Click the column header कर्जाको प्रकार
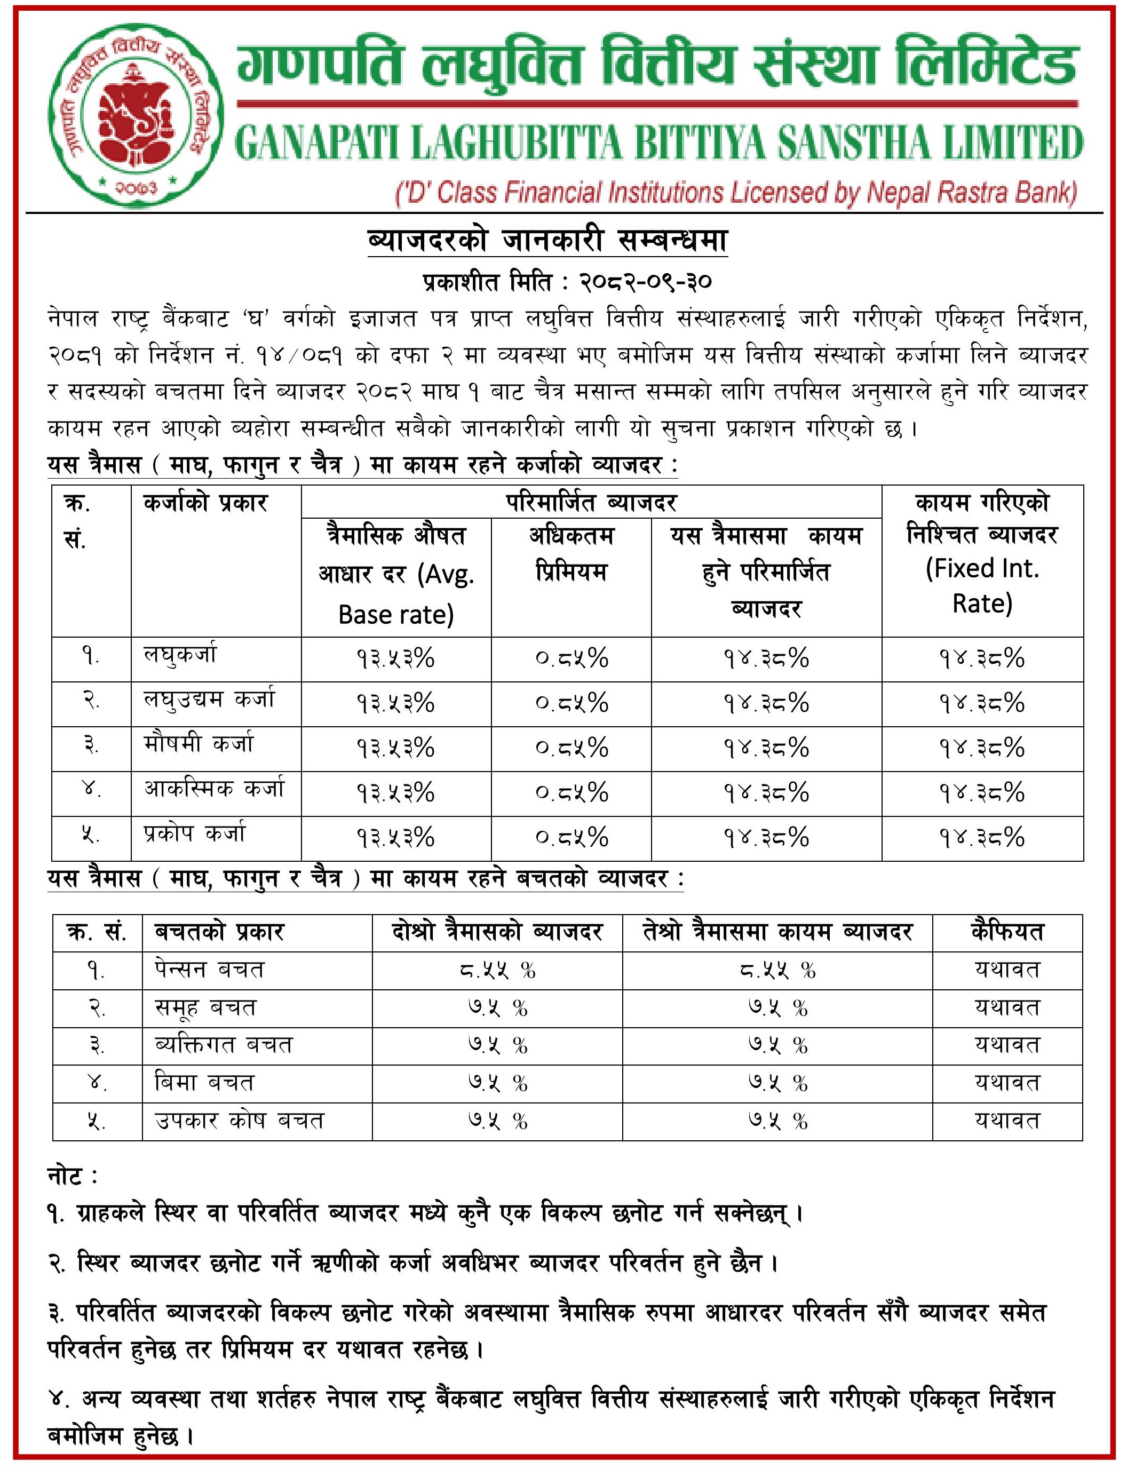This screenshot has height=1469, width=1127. (205, 503)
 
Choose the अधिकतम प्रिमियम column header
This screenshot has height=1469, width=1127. (571, 554)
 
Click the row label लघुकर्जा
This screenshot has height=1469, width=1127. (180, 655)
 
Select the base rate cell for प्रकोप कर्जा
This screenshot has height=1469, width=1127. (396, 838)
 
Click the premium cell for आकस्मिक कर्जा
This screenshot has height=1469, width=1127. (572, 793)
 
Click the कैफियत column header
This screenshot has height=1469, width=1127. (1007, 932)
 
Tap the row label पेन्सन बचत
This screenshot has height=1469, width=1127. (209, 969)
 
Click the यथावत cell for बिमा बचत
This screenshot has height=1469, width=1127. (1007, 1083)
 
